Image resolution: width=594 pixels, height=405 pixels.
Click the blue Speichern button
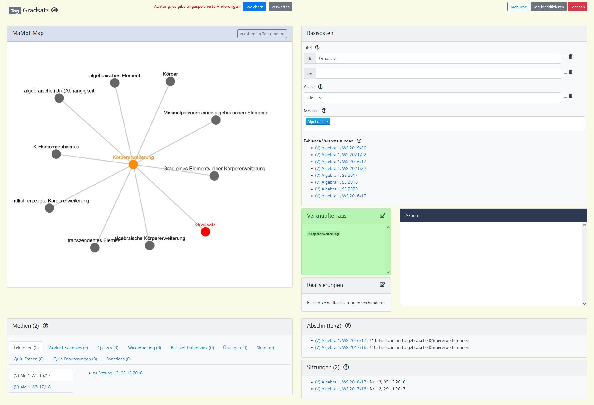[x=254, y=7]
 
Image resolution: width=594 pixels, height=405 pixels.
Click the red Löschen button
[x=577, y=7]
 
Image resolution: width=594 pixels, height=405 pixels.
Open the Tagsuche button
[x=518, y=7]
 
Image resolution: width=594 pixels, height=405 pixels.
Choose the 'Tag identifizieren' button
[x=548, y=7]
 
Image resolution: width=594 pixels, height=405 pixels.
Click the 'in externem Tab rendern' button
[x=262, y=34]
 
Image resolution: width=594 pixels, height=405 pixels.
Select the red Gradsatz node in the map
[x=205, y=232]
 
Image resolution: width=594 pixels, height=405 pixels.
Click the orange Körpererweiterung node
[x=133, y=165]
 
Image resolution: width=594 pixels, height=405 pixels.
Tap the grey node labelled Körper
[x=170, y=81]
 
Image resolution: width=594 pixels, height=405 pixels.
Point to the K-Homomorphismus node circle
[x=56, y=154]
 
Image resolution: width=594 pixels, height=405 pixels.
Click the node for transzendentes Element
[x=95, y=248]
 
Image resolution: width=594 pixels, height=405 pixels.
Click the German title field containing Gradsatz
[x=438, y=58]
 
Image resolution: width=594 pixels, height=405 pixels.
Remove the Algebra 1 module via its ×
[x=327, y=122]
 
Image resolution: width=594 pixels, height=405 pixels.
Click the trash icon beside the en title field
[x=571, y=72]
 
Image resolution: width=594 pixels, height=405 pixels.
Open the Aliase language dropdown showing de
[x=313, y=98]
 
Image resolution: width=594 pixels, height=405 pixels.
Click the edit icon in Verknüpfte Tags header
[x=382, y=215]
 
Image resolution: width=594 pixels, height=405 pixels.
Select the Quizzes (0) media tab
[x=108, y=348]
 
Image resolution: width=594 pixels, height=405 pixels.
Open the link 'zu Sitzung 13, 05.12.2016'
[x=117, y=373]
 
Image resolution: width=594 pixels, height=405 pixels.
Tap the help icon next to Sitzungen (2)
[x=346, y=367]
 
